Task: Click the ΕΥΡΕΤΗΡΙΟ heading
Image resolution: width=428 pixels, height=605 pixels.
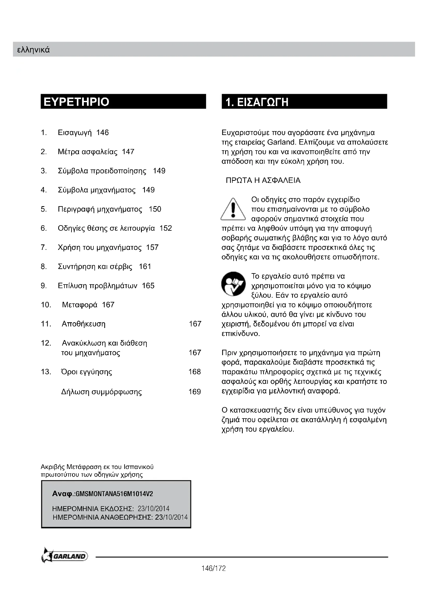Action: [76, 102]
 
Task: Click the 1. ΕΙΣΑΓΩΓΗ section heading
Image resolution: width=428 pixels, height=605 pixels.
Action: [257, 102]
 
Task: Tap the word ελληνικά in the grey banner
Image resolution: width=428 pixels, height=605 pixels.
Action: [33, 50]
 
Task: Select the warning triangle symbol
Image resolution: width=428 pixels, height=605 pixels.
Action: [233, 210]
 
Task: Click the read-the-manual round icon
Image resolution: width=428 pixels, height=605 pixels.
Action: [233, 284]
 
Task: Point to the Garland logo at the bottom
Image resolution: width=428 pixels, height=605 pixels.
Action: [65, 556]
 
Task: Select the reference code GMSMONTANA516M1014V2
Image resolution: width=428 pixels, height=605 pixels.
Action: [114, 494]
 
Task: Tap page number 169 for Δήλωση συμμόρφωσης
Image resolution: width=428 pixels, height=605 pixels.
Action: [195, 392]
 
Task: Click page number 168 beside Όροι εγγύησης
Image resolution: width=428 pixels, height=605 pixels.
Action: [195, 372]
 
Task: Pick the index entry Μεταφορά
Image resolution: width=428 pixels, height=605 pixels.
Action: [80, 305]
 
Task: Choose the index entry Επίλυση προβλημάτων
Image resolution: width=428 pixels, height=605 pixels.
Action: [98, 286]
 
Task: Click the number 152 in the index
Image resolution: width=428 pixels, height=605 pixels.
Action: [166, 228]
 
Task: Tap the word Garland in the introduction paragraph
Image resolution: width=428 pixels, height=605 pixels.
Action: [282, 142]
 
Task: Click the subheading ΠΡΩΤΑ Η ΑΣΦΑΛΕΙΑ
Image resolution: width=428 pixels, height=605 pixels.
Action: [263, 181]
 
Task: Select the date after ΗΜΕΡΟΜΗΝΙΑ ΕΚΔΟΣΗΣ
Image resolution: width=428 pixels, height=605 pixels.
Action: [153, 509]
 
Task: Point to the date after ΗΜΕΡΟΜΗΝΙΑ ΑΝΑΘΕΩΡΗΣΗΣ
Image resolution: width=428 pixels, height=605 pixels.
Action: [171, 517]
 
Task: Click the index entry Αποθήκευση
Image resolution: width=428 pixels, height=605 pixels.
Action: [84, 324]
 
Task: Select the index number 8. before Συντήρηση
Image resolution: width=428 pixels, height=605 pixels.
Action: [43, 267]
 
